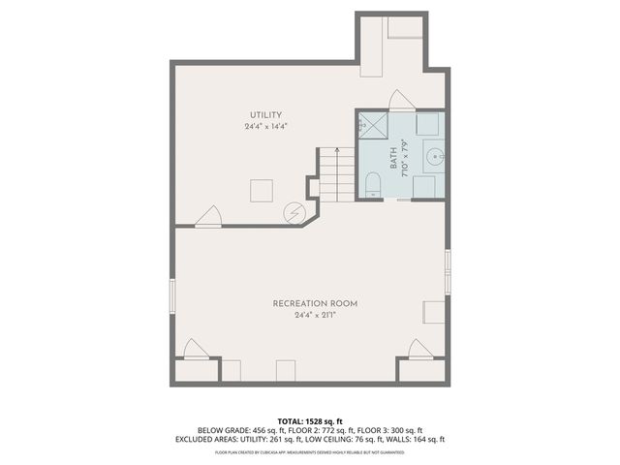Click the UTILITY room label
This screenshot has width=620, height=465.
(265, 115)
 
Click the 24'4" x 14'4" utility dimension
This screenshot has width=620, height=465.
(265, 127)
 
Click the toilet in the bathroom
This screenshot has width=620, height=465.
(372, 184)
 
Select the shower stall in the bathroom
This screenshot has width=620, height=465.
(370, 125)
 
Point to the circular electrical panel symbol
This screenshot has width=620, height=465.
(294, 213)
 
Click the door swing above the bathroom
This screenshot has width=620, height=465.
(401, 100)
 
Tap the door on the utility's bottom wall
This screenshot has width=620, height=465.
(207, 217)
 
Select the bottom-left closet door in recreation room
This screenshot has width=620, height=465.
(196, 350)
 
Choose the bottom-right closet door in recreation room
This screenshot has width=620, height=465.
(420, 350)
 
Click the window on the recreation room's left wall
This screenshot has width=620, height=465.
(173, 300)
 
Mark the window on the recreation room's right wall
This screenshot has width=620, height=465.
(447, 272)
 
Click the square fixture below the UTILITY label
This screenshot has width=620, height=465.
(262, 190)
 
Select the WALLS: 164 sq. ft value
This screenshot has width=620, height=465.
(420, 439)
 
